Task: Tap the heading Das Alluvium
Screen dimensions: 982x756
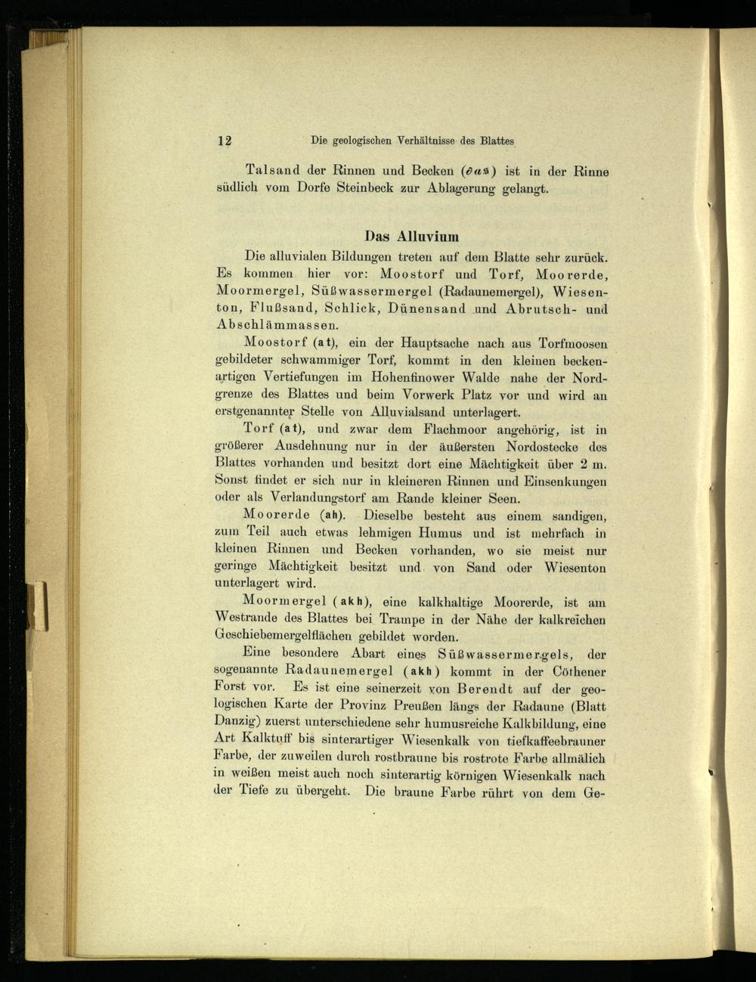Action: tap(412, 235)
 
